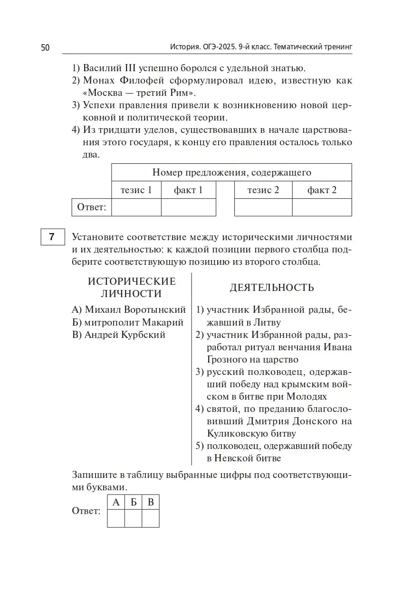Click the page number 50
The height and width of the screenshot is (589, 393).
pyautogui.click(x=46, y=47)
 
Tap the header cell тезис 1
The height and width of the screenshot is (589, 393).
pyautogui.click(x=136, y=190)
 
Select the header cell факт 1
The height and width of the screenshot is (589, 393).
pyautogui.click(x=188, y=190)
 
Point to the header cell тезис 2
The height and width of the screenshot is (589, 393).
pyautogui.click(x=263, y=190)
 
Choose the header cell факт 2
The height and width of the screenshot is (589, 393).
pyautogui.click(x=322, y=190)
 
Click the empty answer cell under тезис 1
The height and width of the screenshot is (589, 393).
pyautogui.click(x=136, y=207)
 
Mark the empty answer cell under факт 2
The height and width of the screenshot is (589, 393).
pyautogui.click(x=322, y=207)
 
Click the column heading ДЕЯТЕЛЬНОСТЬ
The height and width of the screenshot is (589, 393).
pyautogui.click(x=272, y=288)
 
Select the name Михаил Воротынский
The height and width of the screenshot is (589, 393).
pyautogui.click(x=129, y=310)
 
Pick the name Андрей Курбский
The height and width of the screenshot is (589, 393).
pyautogui.click(x=119, y=335)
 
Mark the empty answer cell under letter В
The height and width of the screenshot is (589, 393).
pyautogui.click(x=151, y=519)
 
